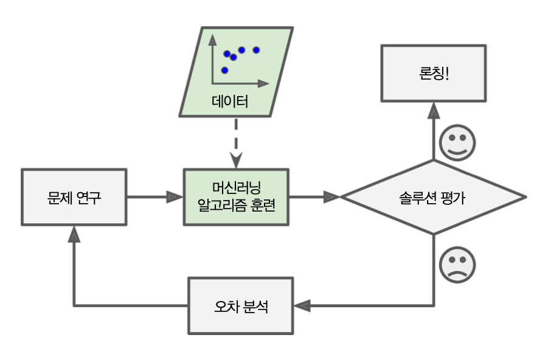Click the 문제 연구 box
[74, 197]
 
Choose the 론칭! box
[434, 72]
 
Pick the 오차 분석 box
[241, 306]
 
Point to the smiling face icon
[457, 143]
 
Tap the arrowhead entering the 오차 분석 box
[302, 305]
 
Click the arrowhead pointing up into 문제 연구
[74, 233]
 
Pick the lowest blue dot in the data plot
[224, 70]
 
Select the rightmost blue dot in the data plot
[256, 49]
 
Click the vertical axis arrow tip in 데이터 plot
[212, 39]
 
